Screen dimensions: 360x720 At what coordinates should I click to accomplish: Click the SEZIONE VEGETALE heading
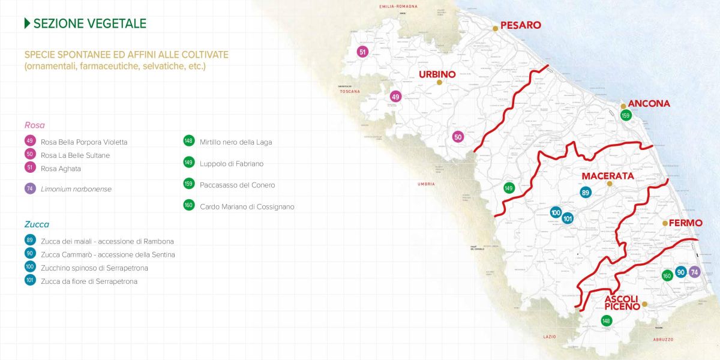[x=89, y=23]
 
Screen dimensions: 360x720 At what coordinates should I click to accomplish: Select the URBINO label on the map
[x=437, y=74]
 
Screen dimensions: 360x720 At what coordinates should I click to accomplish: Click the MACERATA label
[x=608, y=176]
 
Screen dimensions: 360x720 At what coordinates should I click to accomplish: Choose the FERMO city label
[x=685, y=223]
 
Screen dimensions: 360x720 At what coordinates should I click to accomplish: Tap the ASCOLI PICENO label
[x=621, y=303]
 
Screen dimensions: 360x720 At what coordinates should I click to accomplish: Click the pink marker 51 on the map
[x=362, y=52]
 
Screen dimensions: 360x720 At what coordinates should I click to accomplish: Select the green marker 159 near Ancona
[x=626, y=115]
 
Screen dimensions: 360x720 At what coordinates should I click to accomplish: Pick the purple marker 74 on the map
[x=695, y=272]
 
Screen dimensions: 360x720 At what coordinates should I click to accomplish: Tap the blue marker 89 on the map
[x=586, y=193]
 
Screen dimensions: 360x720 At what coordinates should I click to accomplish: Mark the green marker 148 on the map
[x=606, y=321]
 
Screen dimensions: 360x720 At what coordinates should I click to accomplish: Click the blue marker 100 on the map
[x=556, y=212]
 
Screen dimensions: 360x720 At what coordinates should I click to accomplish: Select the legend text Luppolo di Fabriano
[x=231, y=164]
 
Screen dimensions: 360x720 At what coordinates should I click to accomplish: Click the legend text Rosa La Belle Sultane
[x=75, y=155]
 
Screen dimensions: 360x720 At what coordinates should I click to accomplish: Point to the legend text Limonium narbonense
[x=76, y=189]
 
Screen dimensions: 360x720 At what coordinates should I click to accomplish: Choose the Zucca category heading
[x=37, y=224]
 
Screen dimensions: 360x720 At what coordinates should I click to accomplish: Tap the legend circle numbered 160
[x=188, y=205]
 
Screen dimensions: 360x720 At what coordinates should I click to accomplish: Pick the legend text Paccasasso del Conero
[x=237, y=185]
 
